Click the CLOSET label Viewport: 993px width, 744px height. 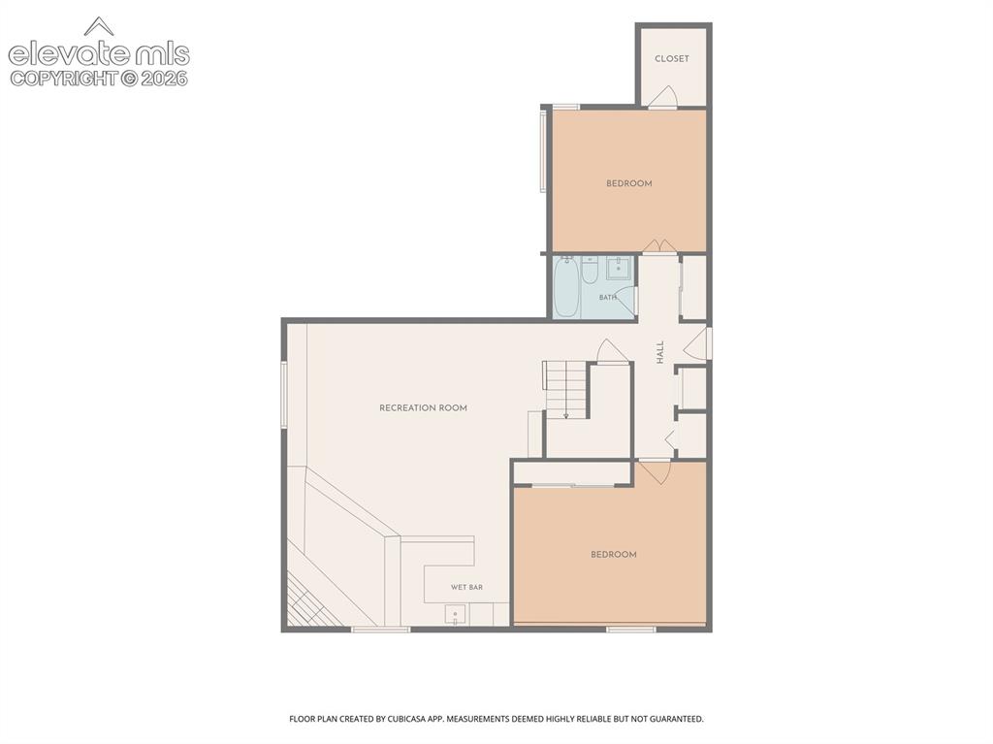671,58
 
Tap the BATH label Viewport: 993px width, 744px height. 607,297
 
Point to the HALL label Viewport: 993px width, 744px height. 660,352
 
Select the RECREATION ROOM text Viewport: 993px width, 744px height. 423,408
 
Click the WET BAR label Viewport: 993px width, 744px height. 466,588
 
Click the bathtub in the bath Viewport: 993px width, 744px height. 565,287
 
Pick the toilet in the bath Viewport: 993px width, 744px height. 590,270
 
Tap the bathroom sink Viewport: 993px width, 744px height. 618,268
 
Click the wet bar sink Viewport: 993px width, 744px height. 455,615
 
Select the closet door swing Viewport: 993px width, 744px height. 663,96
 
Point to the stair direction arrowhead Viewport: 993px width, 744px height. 565,416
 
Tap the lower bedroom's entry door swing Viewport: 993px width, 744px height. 655,472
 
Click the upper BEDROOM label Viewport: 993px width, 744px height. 628,183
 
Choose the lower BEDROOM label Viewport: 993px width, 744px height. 614,555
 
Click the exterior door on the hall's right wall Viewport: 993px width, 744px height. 696,342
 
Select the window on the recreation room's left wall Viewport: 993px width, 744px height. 284,395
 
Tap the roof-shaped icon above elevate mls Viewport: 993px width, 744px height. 99,26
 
